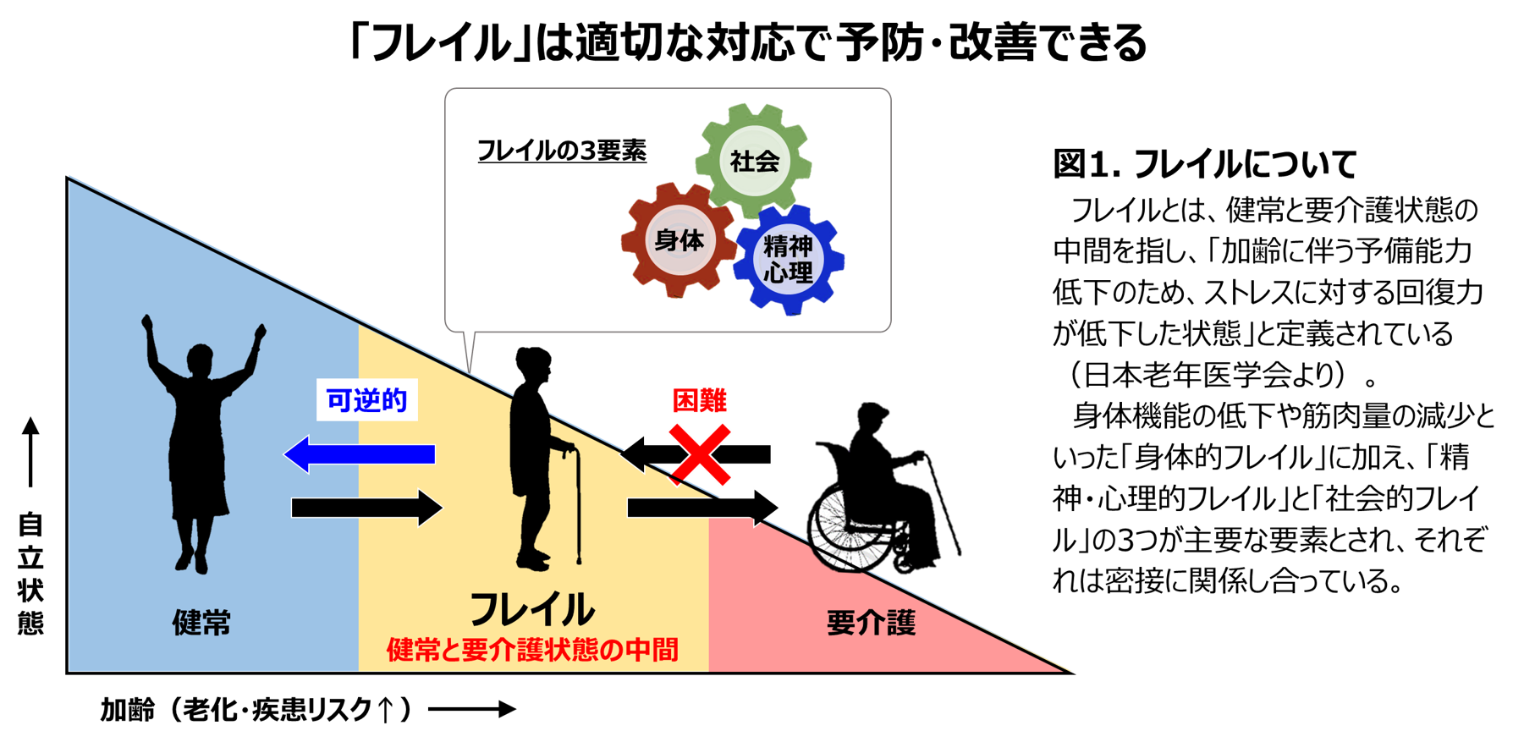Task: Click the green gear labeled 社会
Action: (754, 160)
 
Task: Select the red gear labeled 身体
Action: (679, 240)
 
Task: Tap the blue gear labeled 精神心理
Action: (789, 259)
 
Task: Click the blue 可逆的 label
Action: (366, 400)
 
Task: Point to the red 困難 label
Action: (699, 400)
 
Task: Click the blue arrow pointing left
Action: (360, 454)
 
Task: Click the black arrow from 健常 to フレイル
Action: (366, 508)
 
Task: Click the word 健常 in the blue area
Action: (201, 623)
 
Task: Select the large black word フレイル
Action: (532, 609)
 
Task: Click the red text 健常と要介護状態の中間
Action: (532, 650)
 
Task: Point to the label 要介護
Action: (871, 624)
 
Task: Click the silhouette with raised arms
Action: (200, 440)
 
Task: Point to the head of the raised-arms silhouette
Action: (201, 360)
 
